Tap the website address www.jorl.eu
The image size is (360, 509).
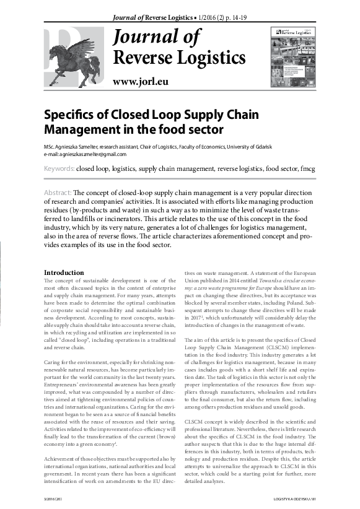(x=140, y=82)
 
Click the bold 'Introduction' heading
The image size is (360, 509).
(x=64, y=272)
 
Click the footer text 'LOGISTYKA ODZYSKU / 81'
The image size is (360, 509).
(x=294, y=498)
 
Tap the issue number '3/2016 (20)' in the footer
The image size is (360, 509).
(x=55, y=498)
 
